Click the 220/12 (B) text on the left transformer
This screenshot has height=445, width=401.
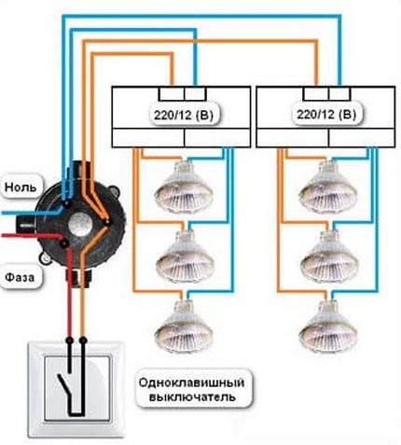pyautogui.click(x=181, y=116)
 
